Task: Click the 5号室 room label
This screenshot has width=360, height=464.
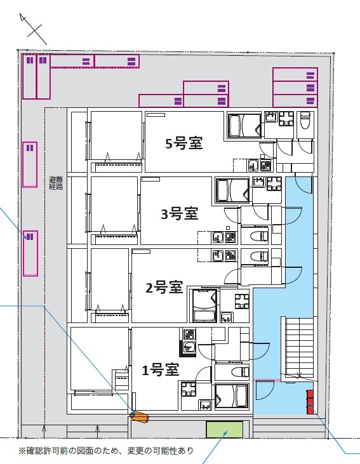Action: (183, 143)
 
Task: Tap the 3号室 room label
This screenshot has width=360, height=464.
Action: (179, 214)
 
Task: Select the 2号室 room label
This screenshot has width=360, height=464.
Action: (164, 288)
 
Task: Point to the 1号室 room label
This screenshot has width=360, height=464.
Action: (159, 369)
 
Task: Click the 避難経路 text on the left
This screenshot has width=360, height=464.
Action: (56, 183)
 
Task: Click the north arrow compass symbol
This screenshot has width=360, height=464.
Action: (33, 28)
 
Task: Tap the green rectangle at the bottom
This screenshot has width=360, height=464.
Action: (224, 430)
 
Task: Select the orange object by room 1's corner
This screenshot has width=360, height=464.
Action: (139, 416)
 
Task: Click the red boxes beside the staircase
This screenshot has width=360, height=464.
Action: (310, 402)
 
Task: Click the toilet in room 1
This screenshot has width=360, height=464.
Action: (236, 372)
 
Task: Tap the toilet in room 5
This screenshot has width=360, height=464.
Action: (304, 120)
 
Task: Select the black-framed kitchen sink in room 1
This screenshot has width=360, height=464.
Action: (189, 347)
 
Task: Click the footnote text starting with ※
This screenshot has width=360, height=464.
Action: (105, 451)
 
